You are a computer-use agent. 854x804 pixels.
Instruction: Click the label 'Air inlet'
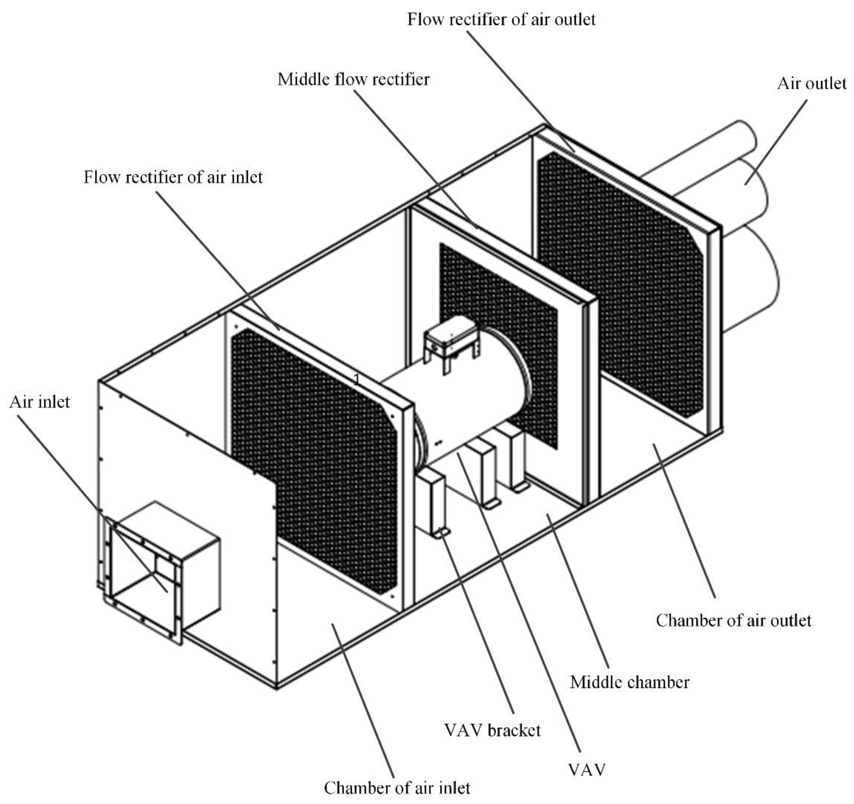click(39, 402)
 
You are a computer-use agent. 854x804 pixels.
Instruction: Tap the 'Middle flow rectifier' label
click(353, 79)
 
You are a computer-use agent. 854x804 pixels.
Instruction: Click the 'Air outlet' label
click(812, 83)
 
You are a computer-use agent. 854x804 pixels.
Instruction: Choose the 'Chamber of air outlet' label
click(733, 621)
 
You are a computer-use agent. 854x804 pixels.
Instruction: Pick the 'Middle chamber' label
click(629, 682)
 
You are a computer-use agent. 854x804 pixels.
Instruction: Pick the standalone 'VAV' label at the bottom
click(587, 770)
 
